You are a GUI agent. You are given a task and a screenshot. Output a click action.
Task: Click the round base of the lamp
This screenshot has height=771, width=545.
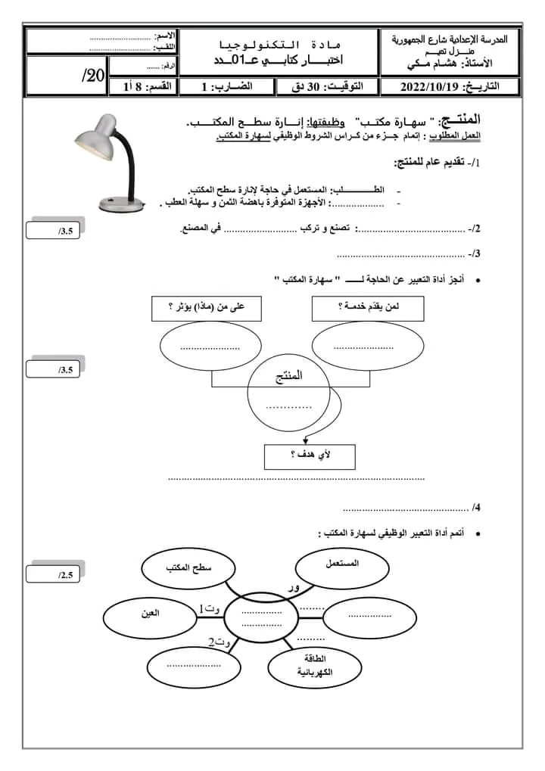click(120, 203)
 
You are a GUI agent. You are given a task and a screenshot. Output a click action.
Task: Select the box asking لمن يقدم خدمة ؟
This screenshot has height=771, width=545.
click(367, 308)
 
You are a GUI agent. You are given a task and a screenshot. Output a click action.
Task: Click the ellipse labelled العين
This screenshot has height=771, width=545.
click(148, 614)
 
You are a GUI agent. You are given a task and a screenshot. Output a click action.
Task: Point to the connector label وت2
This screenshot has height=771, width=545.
click(218, 643)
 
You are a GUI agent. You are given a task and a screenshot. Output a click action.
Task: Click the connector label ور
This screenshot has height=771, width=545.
click(294, 587)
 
